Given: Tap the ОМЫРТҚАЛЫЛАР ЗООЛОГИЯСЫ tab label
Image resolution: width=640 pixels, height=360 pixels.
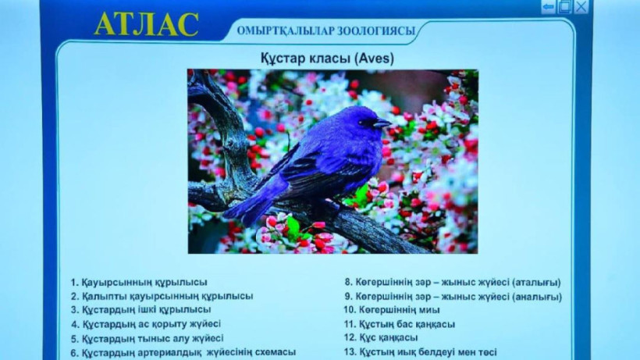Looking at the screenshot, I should (326, 32).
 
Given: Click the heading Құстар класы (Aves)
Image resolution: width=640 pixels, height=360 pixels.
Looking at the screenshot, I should (327, 58).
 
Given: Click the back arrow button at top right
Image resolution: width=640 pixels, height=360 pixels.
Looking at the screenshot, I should (549, 7).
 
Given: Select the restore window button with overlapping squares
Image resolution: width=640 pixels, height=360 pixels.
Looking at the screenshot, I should (564, 7).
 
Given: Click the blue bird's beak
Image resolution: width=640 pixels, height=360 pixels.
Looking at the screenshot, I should (383, 123).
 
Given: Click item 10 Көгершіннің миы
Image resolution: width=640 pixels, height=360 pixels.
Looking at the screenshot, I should (389, 310).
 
